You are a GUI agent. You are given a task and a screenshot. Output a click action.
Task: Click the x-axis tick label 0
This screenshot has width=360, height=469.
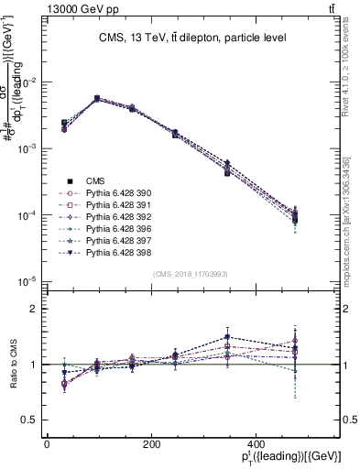click(47, 444)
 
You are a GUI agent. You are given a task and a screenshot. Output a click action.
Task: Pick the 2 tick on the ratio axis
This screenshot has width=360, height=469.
click(35, 309)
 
